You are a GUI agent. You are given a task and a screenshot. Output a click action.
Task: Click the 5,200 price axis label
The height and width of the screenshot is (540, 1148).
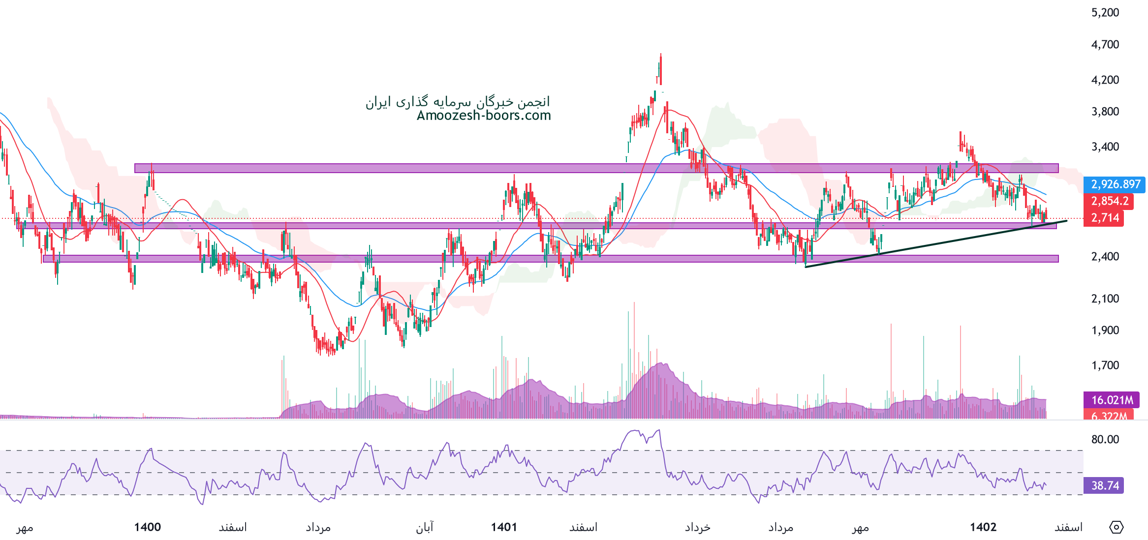click(x=1105, y=13)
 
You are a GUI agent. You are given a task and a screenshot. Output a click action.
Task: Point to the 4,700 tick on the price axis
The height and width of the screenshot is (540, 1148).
click(x=1105, y=45)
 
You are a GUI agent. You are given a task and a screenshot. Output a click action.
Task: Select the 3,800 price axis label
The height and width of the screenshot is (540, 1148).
click(x=1105, y=112)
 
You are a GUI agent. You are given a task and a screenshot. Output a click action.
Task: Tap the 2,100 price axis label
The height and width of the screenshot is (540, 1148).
click(x=1105, y=299)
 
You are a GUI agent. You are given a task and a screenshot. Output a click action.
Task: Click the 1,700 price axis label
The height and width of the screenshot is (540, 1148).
click(x=1105, y=365)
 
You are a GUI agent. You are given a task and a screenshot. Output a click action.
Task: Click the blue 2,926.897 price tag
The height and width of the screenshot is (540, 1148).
click(x=1115, y=184)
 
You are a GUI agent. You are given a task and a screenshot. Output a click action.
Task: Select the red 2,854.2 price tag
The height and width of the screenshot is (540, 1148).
click(x=1109, y=201)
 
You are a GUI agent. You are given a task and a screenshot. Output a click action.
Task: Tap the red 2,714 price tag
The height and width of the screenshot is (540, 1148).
click(x=1105, y=218)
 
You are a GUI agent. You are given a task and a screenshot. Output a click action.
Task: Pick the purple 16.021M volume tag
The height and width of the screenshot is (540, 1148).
click(x=1112, y=400)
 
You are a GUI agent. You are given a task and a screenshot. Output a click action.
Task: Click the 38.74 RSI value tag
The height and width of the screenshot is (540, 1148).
click(x=1105, y=486)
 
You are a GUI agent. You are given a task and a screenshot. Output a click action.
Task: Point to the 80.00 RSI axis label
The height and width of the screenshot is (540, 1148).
click(x=1105, y=439)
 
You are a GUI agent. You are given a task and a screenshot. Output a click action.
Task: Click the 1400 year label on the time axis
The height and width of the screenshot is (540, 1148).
click(x=148, y=527)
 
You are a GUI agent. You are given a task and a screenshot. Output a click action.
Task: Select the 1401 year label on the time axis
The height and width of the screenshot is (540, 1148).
click(x=504, y=527)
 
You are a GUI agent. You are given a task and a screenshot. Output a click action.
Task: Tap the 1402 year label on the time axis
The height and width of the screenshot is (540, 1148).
click(x=983, y=527)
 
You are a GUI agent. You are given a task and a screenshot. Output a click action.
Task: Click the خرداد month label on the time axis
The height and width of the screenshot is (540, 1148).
click(x=698, y=528)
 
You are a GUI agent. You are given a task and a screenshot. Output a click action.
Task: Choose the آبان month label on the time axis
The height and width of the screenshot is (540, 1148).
click(x=425, y=528)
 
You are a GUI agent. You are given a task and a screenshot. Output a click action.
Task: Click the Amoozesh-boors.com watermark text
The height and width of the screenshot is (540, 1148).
click(x=484, y=116)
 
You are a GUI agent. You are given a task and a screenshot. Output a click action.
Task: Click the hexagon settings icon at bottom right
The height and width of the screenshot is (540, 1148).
click(x=1116, y=527)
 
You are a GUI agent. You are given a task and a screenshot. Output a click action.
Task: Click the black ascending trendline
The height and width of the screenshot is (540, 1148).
click(x=935, y=244)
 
